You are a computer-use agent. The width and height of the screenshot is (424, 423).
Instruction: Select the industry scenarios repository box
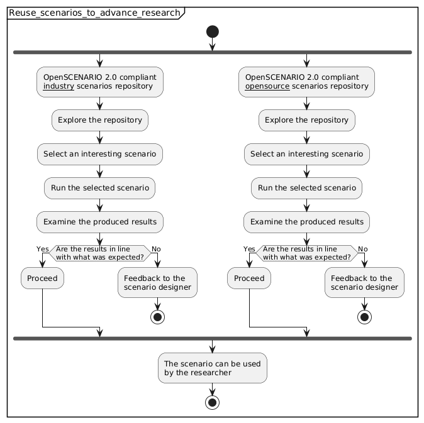coord(100,82)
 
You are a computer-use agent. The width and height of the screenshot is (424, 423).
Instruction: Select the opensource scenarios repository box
coord(306,82)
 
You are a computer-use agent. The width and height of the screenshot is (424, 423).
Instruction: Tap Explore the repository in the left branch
coord(100,120)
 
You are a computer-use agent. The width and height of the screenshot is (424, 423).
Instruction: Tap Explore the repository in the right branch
coord(306,120)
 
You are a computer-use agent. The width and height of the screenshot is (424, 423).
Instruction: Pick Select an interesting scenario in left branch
coord(100,154)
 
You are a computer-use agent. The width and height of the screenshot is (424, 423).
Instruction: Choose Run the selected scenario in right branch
coord(306,188)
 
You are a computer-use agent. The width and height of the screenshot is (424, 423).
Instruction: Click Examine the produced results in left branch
coord(100,222)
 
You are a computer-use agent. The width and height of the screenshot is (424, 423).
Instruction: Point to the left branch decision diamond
coord(100,253)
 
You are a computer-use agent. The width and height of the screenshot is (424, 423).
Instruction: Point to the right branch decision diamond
coord(306,253)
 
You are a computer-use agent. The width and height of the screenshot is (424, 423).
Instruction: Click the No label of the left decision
coord(156,249)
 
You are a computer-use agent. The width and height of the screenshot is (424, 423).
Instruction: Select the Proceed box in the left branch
coord(42,278)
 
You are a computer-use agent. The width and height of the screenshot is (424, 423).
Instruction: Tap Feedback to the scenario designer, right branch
coord(364,283)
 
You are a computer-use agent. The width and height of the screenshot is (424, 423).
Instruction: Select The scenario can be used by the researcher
coord(212,368)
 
